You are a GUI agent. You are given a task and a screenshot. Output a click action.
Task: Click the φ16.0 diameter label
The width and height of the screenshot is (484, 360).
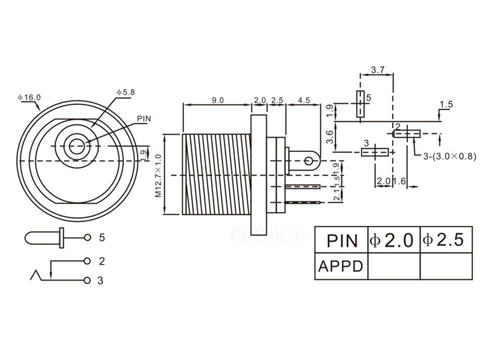tap(29, 98)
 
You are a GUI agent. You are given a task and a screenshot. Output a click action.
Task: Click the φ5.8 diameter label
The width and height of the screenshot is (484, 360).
tap(127, 92)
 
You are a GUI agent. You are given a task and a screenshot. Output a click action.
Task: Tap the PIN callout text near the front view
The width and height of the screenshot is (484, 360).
tap(144, 118)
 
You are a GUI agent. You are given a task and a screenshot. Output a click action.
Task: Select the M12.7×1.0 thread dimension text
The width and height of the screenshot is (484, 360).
tap(158, 176)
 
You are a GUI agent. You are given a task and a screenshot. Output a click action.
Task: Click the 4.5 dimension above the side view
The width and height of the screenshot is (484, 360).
tap(303, 100)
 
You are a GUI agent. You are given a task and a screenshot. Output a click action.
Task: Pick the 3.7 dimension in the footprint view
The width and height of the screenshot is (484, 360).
tap(378, 70)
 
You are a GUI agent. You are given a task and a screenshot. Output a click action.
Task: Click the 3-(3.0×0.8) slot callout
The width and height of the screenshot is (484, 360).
tap(449, 157)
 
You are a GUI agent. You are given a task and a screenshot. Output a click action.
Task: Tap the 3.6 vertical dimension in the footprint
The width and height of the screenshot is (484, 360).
tap(331, 137)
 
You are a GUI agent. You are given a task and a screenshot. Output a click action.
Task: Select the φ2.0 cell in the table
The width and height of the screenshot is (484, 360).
tap(393, 240)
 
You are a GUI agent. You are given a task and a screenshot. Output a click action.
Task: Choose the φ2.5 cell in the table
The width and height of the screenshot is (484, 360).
tap(446, 240)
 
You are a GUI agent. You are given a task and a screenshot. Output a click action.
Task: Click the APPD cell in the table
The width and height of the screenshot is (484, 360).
tap(341, 266)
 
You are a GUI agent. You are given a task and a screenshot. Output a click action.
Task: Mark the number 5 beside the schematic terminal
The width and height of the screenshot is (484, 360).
tap(102, 238)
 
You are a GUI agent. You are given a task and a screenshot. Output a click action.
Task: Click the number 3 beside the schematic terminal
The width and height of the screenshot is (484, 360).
tap(101, 280)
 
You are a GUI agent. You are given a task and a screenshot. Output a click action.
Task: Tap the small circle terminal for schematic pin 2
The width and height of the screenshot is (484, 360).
tap(86, 261)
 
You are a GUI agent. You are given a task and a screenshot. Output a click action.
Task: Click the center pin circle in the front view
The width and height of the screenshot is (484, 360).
tap(76, 146)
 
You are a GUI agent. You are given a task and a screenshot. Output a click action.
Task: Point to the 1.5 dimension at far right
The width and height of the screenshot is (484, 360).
tap(446, 104)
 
